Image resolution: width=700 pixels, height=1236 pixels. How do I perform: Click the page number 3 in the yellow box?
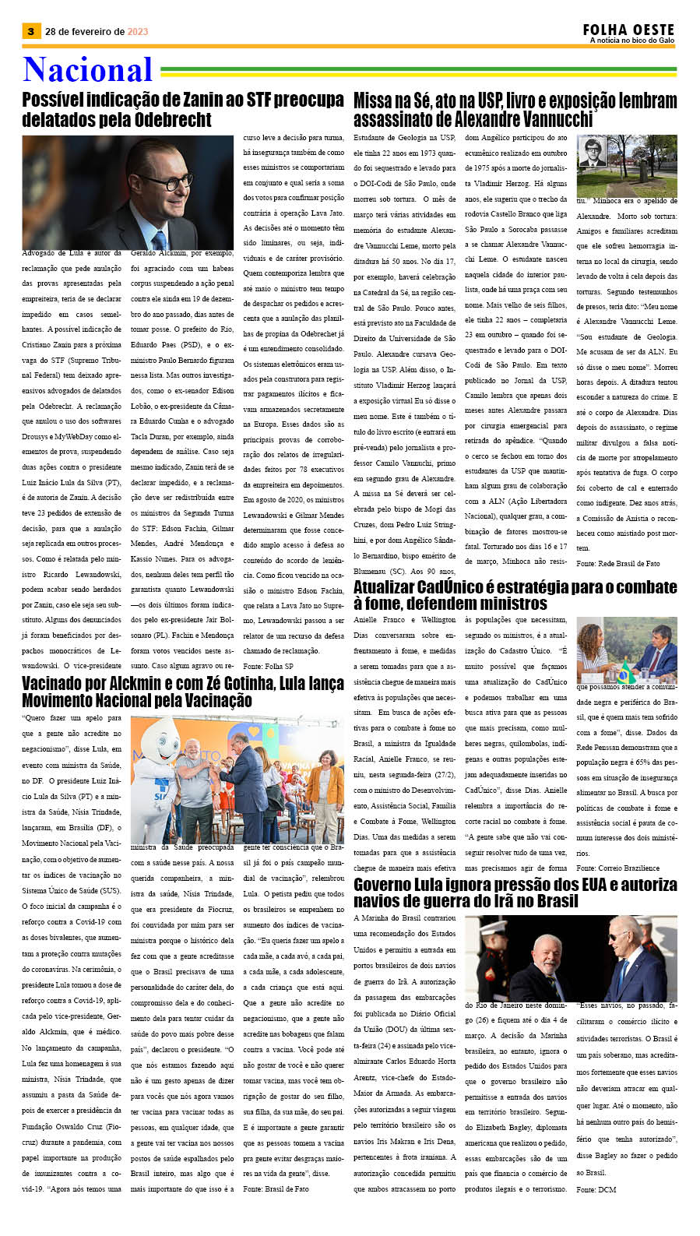[x=30, y=31]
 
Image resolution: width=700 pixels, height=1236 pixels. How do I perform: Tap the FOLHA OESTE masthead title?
[x=628, y=30]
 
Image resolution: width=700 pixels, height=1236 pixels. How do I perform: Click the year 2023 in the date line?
[x=137, y=32]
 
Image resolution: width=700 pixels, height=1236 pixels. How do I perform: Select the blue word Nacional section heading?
[x=87, y=70]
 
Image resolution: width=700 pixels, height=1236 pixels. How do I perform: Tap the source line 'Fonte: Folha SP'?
[x=268, y=666]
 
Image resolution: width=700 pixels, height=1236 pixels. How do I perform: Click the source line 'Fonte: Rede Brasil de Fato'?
[x=617, y=563]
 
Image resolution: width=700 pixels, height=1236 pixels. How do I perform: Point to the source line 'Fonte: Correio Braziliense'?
[x=617, y=868]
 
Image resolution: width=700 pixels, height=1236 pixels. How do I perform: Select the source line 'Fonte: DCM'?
[x=596, y=1190]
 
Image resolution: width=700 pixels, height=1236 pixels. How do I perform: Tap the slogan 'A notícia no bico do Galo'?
[x=631, y=40]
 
